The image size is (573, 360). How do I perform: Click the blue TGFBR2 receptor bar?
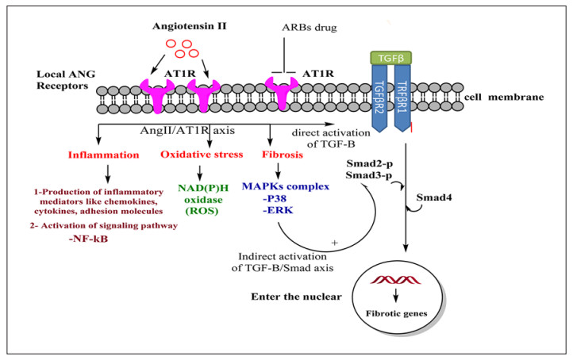[383, 96]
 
